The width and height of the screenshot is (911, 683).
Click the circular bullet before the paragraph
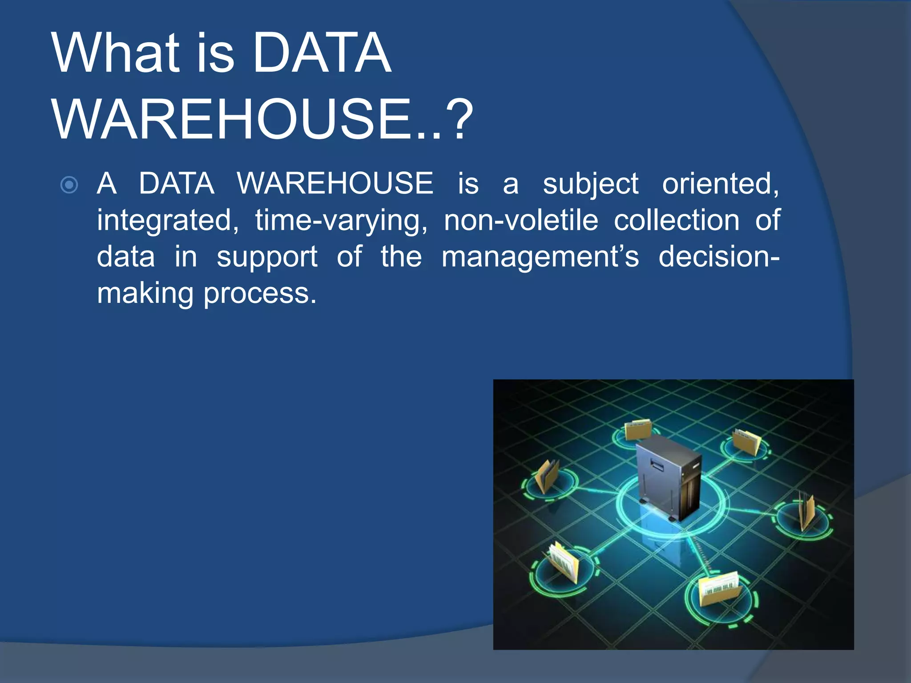(x=69, y=185)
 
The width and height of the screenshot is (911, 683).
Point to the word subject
(x=590, y=184)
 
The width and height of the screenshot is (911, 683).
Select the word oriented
(x=720, y=184)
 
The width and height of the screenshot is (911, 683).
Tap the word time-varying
(x=341, y=221)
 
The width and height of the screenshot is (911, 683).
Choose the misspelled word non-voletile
(x=521, y=220)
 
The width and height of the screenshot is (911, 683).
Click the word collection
(x=676, y=220)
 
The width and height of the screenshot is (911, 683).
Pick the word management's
(x=540, y=257)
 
